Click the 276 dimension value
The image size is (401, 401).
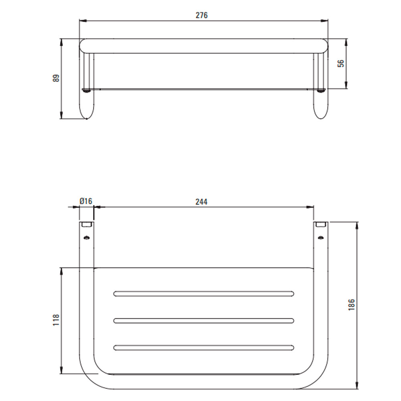tap(202, 15)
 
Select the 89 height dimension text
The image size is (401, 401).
tap(56, 78)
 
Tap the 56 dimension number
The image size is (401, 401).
tap(341, 63)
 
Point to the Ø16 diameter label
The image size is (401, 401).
tap(86, 201)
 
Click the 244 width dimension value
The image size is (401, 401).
tap(202, 202)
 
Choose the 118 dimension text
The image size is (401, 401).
tap(56, 320)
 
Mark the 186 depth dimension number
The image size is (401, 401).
tap(352, 305)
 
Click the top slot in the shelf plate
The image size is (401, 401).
tap(204, 294)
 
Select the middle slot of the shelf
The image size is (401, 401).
tap(204, 321)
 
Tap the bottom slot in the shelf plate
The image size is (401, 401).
tap(204, 348)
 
